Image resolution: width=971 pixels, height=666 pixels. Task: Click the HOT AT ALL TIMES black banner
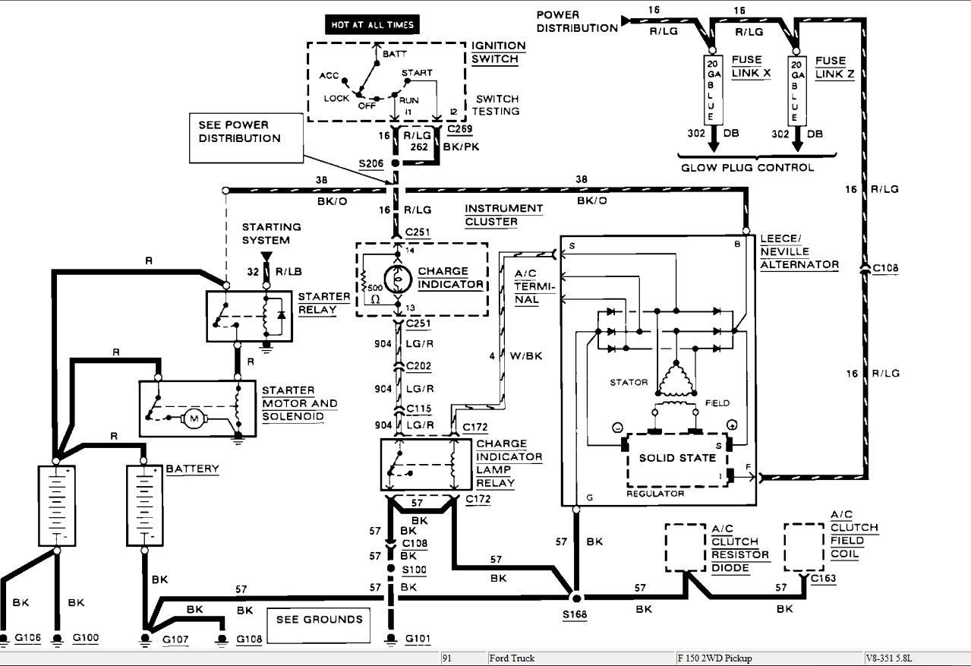[372, 25]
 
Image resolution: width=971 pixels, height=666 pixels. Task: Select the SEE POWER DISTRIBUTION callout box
[246, 138]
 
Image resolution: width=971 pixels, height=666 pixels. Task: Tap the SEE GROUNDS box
[319, 625]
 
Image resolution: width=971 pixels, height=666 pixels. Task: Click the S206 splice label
[371, 163]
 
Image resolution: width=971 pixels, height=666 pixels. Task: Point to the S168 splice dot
[576, 598]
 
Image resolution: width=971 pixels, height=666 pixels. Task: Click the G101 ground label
[418, 638]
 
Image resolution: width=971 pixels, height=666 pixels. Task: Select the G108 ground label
[249, 639]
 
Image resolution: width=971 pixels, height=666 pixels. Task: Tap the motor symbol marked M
[194, 418]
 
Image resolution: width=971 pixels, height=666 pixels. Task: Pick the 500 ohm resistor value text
[375, 288]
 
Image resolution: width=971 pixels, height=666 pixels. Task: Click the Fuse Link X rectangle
[712, 90]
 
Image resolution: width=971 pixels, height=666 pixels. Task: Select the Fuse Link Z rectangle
[796, 90]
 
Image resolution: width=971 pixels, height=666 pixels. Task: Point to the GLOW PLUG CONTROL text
[747, 167]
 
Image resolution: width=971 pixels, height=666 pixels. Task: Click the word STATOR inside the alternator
[629, 382]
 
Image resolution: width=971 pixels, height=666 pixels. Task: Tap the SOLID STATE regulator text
[677, 458]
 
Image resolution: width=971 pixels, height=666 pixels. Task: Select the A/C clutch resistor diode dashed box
[686, 548]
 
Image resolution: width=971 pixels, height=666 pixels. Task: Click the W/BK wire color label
[526, 356]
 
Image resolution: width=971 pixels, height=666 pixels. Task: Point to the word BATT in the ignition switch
[395, 54]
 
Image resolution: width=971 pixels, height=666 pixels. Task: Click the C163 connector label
[823, 578]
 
